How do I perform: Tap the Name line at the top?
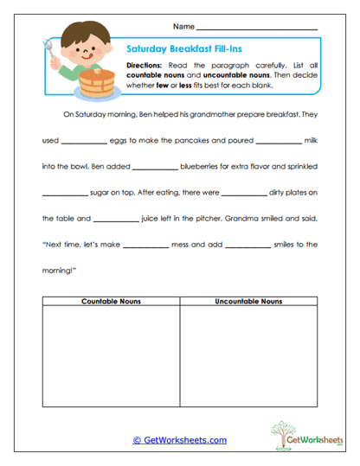[x=256, y=29]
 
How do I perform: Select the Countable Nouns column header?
[x=111, y=301]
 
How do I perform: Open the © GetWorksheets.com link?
[x=180, y=440]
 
